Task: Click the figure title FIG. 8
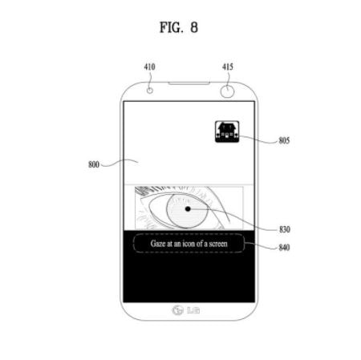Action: tap(179, 27)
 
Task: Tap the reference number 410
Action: tap(149, 67)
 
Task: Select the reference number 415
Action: tap(228, 67)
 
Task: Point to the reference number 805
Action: tap(284, 140)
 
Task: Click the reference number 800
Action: tap(94, 164)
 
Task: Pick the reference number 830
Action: tap(285, 229)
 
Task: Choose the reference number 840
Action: tap(284, 248)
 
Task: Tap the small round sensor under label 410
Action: tap(150, 91)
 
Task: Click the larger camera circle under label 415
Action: tap(227, 91)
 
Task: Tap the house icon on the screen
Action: tap(227, 131)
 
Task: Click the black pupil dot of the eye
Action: tap(188, 208)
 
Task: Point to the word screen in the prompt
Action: tap(218, 244)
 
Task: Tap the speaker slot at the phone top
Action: tap(189, 83)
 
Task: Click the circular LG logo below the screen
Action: tap(177, 310)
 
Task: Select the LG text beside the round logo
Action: tap(193, 310)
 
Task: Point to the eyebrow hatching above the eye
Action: tap(146, 190)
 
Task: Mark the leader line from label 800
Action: tap(120, 163)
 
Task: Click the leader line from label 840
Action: tap(261, 245)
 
